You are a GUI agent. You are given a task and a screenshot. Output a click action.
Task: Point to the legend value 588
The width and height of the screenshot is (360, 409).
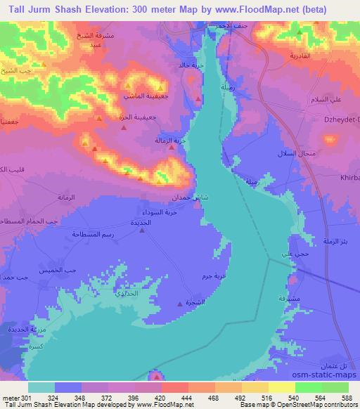coord(347,397)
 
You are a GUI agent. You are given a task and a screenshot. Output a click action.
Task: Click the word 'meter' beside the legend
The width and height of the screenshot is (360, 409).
coord(9,397)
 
